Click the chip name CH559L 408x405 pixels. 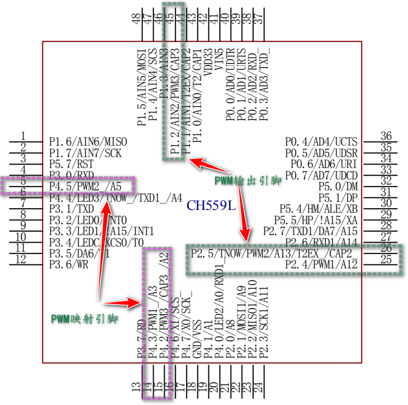[x=211, y=205]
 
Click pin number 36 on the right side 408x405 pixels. [x=386, y=136]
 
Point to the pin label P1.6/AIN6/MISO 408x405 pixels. [x=88, y=142]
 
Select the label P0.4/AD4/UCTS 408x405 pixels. [x=321, y=142]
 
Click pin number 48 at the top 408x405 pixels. [x=137, y=20]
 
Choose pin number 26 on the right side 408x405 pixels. [x=386, y=248]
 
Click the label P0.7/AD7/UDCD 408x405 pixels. [x=321, y=175]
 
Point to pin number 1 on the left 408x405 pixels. [x=24, y=136]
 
